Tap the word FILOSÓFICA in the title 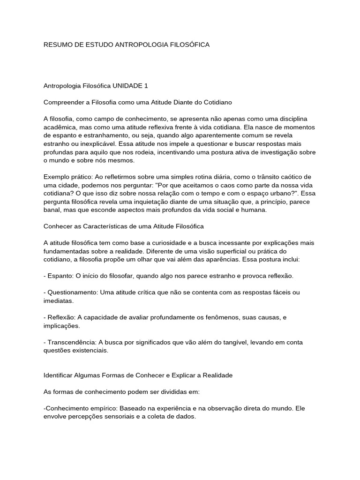click(x=188, y=45)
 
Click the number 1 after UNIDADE click(x=146, y=86)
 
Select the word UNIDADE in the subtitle click(x=127, y=86)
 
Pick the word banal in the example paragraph click(x=52, y=210)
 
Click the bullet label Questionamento click(x=72, y=292)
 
